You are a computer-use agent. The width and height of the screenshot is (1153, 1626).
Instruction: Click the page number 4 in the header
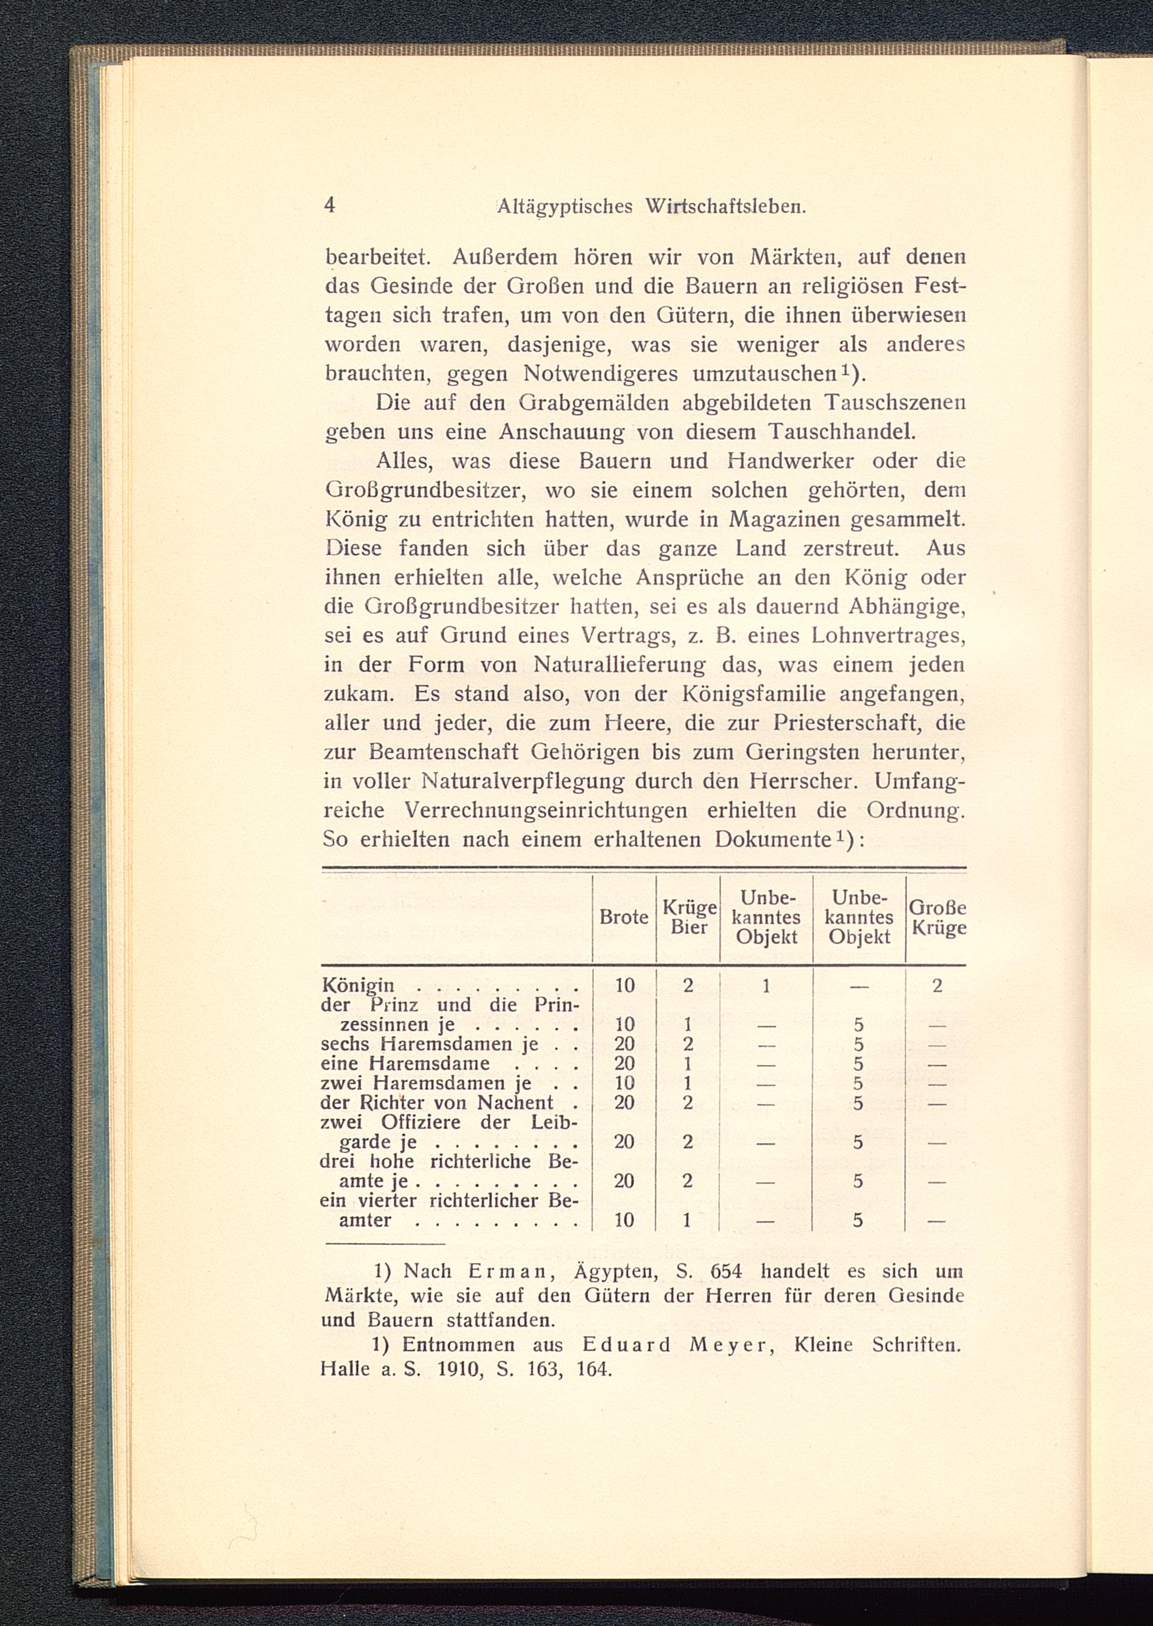pos(329,205)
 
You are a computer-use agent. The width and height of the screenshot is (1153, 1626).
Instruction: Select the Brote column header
pos(623,917)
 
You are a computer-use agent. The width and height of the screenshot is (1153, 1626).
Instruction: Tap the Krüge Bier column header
pos(688,917)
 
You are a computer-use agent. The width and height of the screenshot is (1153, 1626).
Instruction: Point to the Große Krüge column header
pos(937,917)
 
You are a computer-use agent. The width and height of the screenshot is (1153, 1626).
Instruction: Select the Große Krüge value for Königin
pos(937,985)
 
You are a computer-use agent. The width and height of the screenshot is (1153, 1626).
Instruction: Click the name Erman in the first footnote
pos(507,1271)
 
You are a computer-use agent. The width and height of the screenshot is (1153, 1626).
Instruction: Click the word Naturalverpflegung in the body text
pos(522,781)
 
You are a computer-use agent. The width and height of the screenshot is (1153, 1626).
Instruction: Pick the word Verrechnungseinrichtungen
pos(545,810)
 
